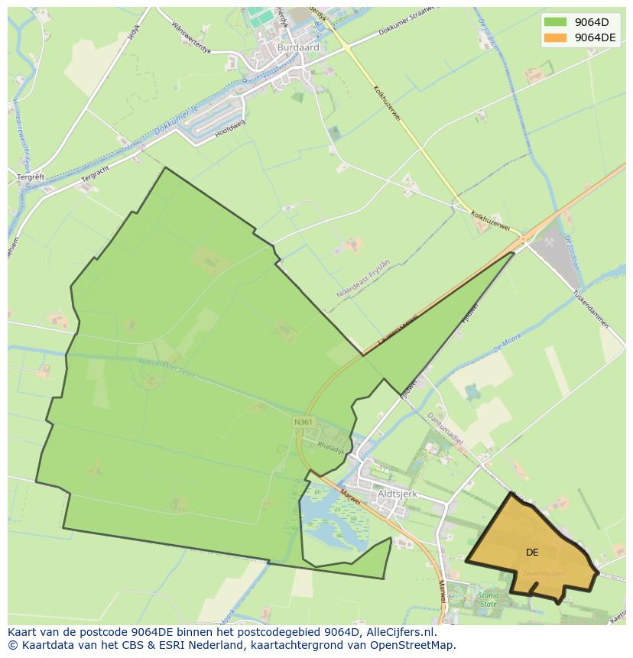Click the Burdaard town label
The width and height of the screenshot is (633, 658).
pos(298,47)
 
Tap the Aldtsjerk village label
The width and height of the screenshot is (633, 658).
pos(398,494)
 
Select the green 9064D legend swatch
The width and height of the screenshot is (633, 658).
pos(556,21)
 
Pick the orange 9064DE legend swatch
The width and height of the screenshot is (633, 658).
pos(556,37)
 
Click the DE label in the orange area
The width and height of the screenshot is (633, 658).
pos(532,552)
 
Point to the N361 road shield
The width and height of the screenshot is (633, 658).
pos(303,422)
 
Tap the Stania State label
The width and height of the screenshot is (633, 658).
pos(488,598)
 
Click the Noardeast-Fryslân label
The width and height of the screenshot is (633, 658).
pos(363,278)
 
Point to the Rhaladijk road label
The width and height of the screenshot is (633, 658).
pos(332,448)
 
